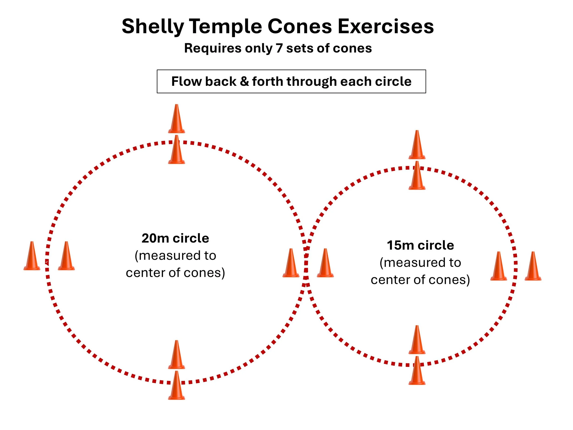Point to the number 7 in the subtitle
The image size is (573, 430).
[x=279, y=48]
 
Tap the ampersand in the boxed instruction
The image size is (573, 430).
[x=244, y=81]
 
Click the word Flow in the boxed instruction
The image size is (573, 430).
[x=187, y=81]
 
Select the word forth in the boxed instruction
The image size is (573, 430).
[x=268, y=81]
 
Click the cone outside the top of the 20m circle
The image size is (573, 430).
[x=176, y=119]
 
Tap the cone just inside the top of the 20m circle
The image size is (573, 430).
[x=176, y=150]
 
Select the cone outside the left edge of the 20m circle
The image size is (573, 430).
[x=32, y=256]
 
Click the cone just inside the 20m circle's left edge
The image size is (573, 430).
[x=66, y=256]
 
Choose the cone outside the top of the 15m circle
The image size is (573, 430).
[x=417, y=145]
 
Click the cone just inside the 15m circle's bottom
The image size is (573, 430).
[x=417, y=340]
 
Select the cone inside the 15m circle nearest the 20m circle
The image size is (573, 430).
[x=325, y=263]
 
